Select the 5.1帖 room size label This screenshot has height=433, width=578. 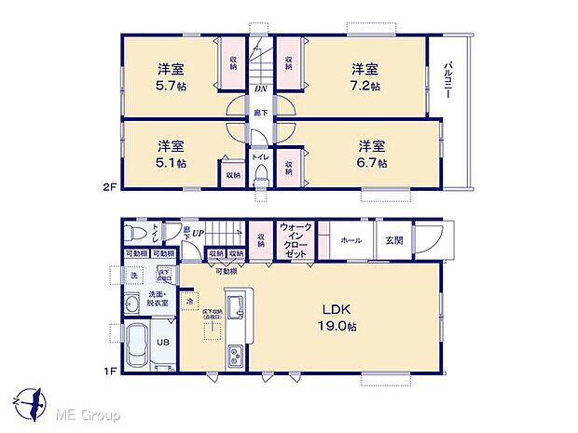[x=170, y=154]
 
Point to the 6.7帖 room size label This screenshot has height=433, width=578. [x=373, y=154]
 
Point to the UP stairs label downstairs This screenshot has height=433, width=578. [x=198, y=233]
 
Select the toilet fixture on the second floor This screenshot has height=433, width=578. [x=262, y=180]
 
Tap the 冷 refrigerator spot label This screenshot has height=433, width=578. [x=190, y=301]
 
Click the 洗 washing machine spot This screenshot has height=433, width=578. [x=133, y=277]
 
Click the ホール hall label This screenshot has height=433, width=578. [x=351, y=239]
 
